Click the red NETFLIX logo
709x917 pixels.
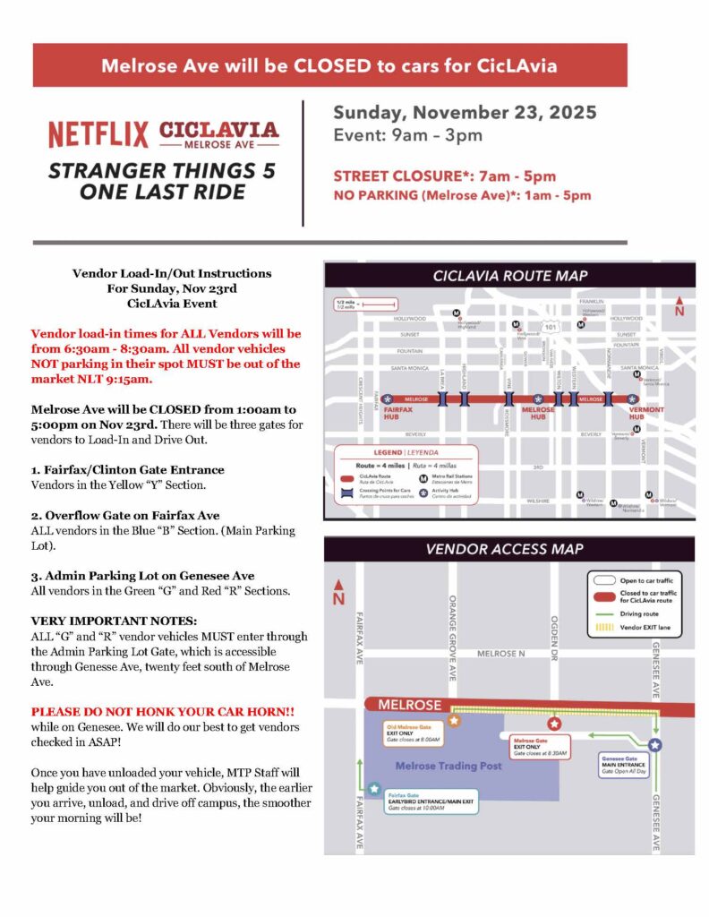(98, 134)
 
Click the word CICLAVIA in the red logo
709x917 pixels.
(218, 130)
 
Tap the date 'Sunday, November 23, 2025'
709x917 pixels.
(465, 114)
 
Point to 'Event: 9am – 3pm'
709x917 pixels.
(407, 136)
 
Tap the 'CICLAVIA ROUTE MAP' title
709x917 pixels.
(510, 276)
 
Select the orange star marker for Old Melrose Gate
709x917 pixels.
(454, 719)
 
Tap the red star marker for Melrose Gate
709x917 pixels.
(553, 723)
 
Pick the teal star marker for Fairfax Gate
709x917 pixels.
(373, 788)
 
